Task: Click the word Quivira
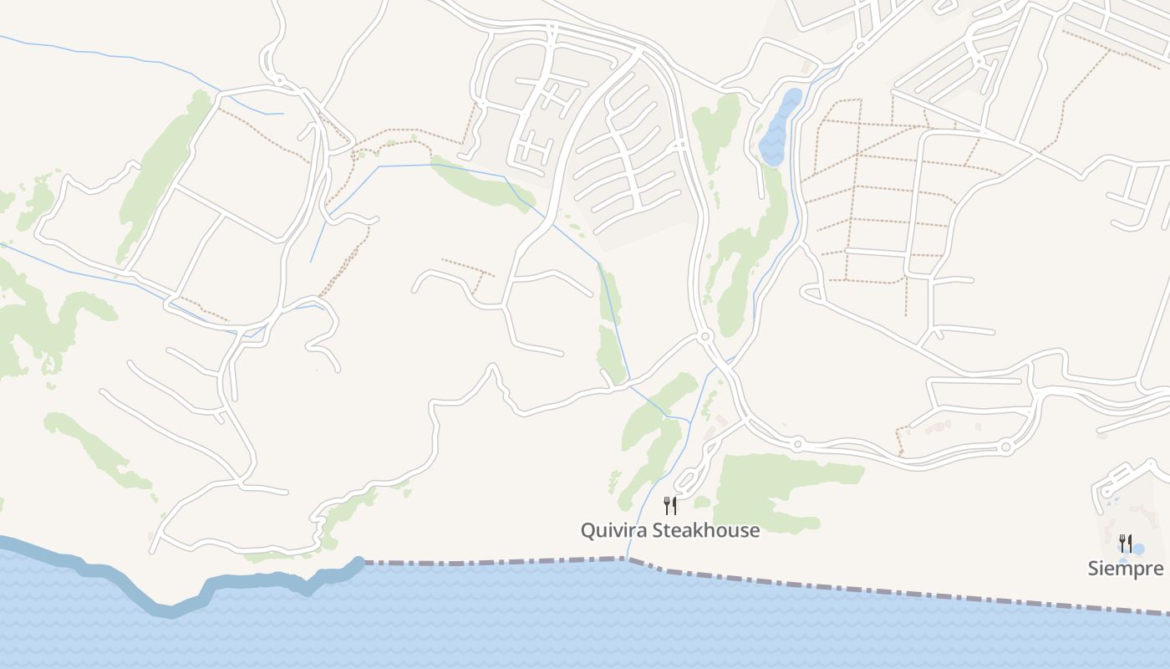point(613,530)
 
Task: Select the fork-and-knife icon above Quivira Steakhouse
point(669,505)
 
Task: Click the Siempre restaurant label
point(1125,569)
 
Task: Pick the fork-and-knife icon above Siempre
point(1126,544)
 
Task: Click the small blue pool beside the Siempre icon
point(1138,549)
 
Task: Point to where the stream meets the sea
point(627,559)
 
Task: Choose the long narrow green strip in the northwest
point(163,176)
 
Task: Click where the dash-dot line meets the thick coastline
point(361,563)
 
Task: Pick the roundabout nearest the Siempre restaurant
point(1005,447)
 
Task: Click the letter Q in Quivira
point(588,530)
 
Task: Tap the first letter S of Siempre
point(1093,569)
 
